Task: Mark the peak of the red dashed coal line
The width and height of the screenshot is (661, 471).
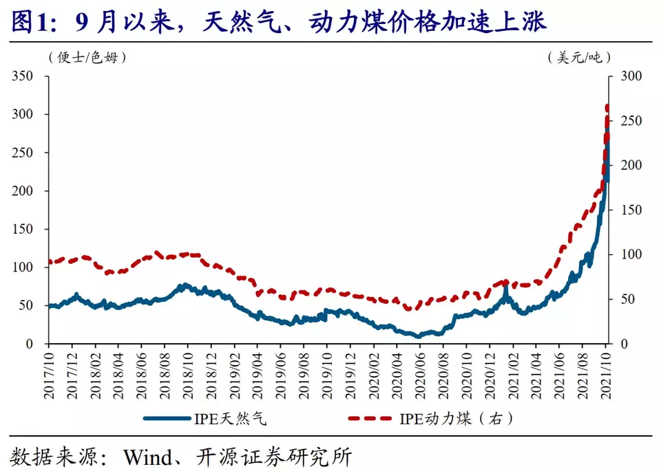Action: pyautogui.click(x=607, y=107)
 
